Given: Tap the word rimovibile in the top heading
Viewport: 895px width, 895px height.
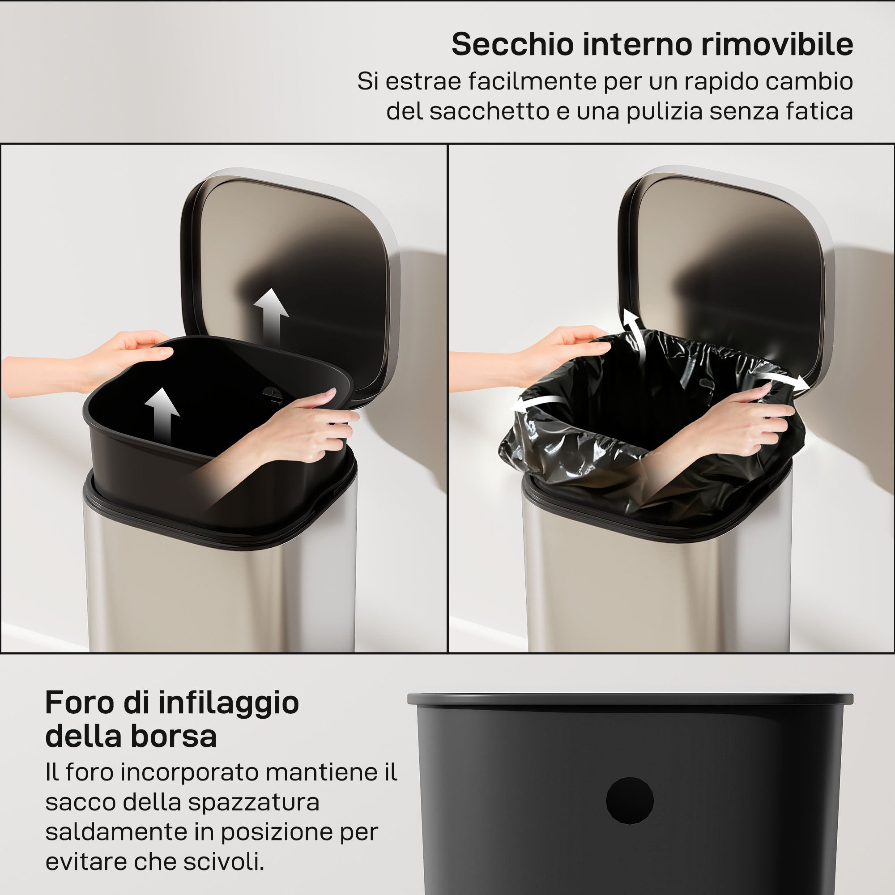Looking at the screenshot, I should tap(777, 45).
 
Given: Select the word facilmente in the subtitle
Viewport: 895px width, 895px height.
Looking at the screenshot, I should tap(532, 81).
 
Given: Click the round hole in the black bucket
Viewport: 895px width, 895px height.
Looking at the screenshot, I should tap(630, 801).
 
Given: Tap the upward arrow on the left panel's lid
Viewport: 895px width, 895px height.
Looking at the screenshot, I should tap(272, 315).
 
